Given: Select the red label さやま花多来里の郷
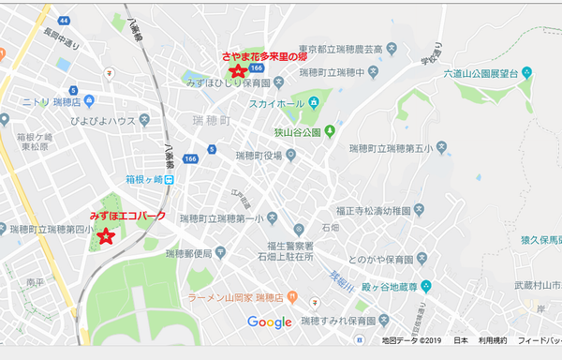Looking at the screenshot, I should click(x=264, y=56).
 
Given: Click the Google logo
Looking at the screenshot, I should click(x=270, y=322).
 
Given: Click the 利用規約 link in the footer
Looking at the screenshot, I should click(x=493, y=340).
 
